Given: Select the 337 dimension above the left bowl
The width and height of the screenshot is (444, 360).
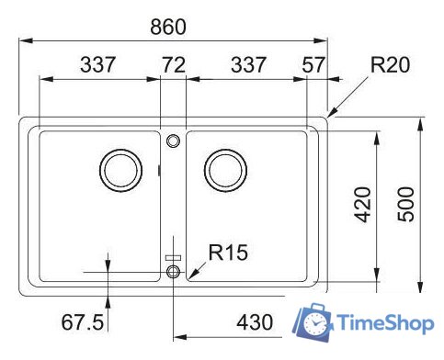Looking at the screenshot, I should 98,65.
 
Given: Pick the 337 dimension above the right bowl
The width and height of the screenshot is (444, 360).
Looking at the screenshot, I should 247,65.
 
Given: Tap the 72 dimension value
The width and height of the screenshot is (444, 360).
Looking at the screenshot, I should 173,65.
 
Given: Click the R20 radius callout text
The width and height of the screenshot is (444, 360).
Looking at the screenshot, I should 389,65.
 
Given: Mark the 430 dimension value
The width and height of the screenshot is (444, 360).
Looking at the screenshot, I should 254,322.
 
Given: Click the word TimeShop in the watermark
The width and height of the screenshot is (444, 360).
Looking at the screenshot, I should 384,323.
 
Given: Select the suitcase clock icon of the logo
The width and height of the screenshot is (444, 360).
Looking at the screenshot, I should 313,321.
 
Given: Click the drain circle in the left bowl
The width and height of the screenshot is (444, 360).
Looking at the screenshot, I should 120,169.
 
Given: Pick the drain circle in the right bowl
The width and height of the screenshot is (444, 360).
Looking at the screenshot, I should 224,169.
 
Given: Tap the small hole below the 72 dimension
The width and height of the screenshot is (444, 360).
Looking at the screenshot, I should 173,141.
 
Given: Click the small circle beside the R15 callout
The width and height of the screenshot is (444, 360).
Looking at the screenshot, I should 173,272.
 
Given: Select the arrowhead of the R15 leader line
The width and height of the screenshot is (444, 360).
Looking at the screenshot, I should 188,276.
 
